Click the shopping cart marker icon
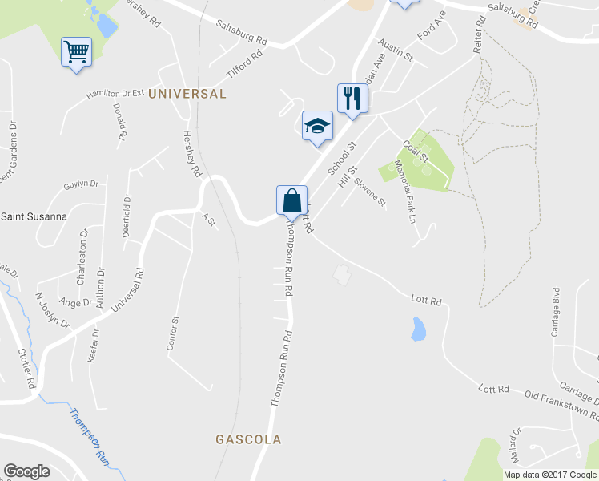(x=77, y=52)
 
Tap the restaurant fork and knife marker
(x=352, y=98)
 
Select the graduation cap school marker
(x=317, y=126)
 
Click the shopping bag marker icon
(x=291, y=200)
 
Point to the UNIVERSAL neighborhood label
(x=187, y=94)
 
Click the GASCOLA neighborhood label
(x=248, y=439)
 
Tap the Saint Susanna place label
(x=34, y=216)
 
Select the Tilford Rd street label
(x=245, y=65)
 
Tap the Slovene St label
(x=371, y=191)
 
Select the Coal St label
(x=416, y=149)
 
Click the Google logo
(x=26, y=471)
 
